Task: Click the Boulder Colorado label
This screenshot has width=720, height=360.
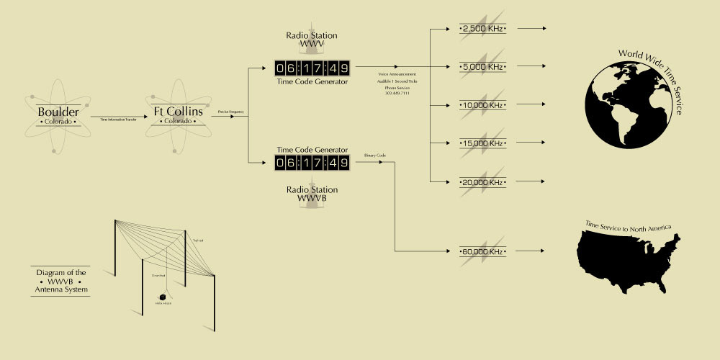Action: click(x=58, y=115)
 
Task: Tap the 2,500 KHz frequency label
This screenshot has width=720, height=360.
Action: click(x=483, y=28)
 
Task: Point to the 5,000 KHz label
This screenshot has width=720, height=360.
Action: click(x=483, y=67)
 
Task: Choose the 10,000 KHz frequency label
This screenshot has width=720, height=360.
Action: click(x=483, y=105)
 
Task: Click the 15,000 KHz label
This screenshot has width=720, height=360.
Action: click(x=483, y=143)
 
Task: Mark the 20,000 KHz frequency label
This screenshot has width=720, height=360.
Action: click(x=483, y=182)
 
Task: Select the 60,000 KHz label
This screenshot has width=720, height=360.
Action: click(x=483, y=251)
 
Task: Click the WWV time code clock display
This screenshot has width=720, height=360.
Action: click(x=312, y=68)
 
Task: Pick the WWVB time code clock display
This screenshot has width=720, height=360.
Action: click(x=312, y=163)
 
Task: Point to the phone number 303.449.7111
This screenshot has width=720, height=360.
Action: click(x=397, y=93)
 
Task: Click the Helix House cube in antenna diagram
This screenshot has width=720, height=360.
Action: click(x=162, y=296)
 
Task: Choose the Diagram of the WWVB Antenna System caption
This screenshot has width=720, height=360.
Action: click(x=61, y=281)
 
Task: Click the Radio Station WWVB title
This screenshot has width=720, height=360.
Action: click(x=312, y=194)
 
